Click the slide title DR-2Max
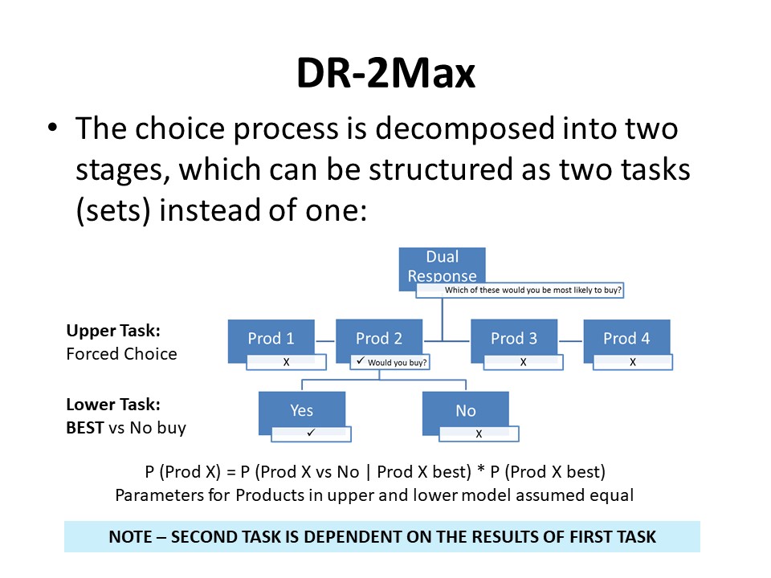coord(386,73)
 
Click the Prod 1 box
coord(271,339)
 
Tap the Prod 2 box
coord(379,338)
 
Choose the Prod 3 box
coord(514,338)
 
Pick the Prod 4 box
coord(626,338)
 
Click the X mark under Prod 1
coord(286,362)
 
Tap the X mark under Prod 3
coord(523,362)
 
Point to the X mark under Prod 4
coord(633,362)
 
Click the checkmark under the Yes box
coord(311,433)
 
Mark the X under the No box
coord(479,434)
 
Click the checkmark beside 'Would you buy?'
coord(361,360)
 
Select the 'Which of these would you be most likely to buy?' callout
coord(520,290)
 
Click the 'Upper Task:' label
coord(113,331)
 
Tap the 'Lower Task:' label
coord(113,405)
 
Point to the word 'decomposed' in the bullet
coord(466,129)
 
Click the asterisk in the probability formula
coord(481,470)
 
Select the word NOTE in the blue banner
coord(130,537)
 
